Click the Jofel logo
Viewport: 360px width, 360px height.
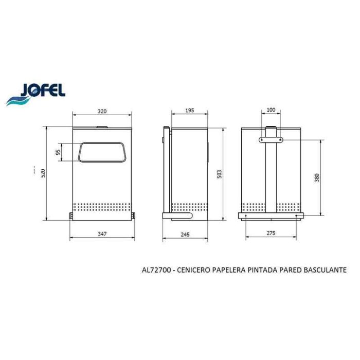pyautogui.click(x=35, y=94)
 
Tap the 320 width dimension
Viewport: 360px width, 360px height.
pyautogui.click(x=102, y=112)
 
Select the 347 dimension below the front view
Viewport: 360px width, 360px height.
pyautogui.click(x=102, y=234)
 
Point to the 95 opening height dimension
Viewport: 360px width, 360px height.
pyautogui.click(x=58, y=152)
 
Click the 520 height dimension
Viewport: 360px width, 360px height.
pyautogui.click(x=43, y=173)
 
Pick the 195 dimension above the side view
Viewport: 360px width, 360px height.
pyautogui.click(x=190, y=111)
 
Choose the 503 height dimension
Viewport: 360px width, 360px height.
pyautogui.click(x=220, y=174)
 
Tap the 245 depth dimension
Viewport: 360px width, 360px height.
pyautogui.click(x=185, y=235)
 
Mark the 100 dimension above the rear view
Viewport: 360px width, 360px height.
pyautogui.click(x=271, y=110)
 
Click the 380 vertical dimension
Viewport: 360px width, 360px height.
pyautogui.click(x=317, y=178)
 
